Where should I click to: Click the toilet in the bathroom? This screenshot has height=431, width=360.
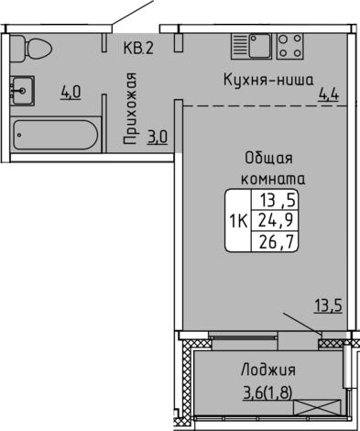(x=30, y=49)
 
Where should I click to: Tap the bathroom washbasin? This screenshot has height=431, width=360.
(x=22, y=91)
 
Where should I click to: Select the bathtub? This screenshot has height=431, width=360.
(x=56, y=135)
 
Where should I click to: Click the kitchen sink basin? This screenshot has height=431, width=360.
(x=260, y=46)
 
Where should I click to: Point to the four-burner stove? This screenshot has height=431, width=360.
(x=290, y=46)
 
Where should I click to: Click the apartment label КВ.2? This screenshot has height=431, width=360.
(x=138, y=49)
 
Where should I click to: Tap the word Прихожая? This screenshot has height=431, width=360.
(x=130, y=108)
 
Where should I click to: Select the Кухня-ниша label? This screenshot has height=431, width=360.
(x=268, y=80)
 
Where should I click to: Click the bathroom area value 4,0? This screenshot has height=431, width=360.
(x=71, y=93)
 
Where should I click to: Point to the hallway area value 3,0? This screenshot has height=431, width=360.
(x=158, y=137)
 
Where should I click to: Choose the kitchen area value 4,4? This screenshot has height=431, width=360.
(x=329, y=94)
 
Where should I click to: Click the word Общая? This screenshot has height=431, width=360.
(x=268, y=159)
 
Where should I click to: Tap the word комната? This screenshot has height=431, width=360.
(x=273, y=179)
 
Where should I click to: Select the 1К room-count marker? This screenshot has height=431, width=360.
(x=238, y=221)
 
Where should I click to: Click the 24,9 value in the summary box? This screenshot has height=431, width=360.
(x=276, y=219)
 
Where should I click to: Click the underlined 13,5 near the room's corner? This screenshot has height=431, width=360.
(x=329, y=306)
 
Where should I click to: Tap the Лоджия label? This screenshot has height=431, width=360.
(x=268, y=370)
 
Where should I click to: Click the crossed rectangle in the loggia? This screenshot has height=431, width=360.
(x=317, y=407)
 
